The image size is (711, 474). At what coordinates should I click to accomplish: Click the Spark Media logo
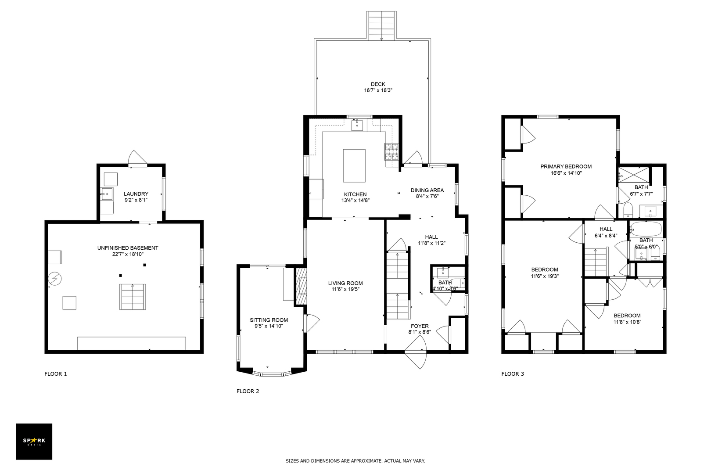pyautogui.click(x=34, y=441)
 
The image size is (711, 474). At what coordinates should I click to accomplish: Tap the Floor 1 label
pyautogui.click(x=56, y=373)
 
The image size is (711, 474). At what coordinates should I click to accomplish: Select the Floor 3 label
pyautogui.click(x=513, y=373)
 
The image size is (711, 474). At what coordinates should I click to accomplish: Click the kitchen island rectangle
pyautogui.click(x=354, y=166)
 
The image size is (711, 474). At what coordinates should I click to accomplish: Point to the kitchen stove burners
pyautogui.click(x=391, y=152)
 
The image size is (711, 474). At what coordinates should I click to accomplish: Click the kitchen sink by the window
pyautogui.click(x=357, y=125)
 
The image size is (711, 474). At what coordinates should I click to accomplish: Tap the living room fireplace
pyautogui.click(x=301, y=286)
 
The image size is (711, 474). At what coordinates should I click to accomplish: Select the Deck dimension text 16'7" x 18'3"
pyautogui.click(x=378, y=90)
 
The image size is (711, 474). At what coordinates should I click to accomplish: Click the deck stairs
pyautogui.click(x=381, y=26)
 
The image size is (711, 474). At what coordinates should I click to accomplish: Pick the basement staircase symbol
pyautogui.click(x=133, y=297)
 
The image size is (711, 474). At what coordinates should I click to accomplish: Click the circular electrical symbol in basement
pyautogui.click(x=55, y=279)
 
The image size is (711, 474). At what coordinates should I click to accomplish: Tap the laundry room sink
pyautogui.click(x=107, y=194)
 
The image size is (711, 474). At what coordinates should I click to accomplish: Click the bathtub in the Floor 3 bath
pyautogui.click(x=646, y=229)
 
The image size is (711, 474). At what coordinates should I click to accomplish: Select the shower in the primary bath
pyautogui.click(x=633, y=174)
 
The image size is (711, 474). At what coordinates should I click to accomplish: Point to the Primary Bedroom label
pyautogui.click(x=566, y=166)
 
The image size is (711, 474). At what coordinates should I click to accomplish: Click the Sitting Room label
pyautogui.click(x=269, y=320)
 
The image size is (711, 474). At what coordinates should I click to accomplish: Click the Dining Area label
pyautogui.click(x=427, y=190)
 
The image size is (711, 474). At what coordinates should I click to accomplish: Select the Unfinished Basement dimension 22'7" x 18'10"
pyautogui.click(x=128, y=254)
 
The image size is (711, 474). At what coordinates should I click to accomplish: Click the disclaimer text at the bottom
pyautogui.click(x=355, y=461)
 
